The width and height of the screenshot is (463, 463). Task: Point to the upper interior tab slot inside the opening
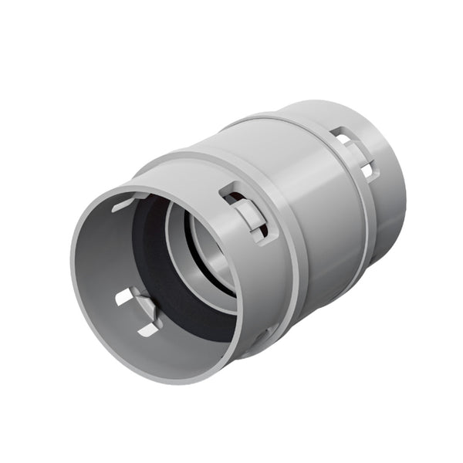point(127,204)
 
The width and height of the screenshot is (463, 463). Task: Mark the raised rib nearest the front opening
point(292,255)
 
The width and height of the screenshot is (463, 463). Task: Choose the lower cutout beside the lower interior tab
point(148,330)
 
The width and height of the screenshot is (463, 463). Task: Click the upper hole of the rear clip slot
point(341,137)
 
